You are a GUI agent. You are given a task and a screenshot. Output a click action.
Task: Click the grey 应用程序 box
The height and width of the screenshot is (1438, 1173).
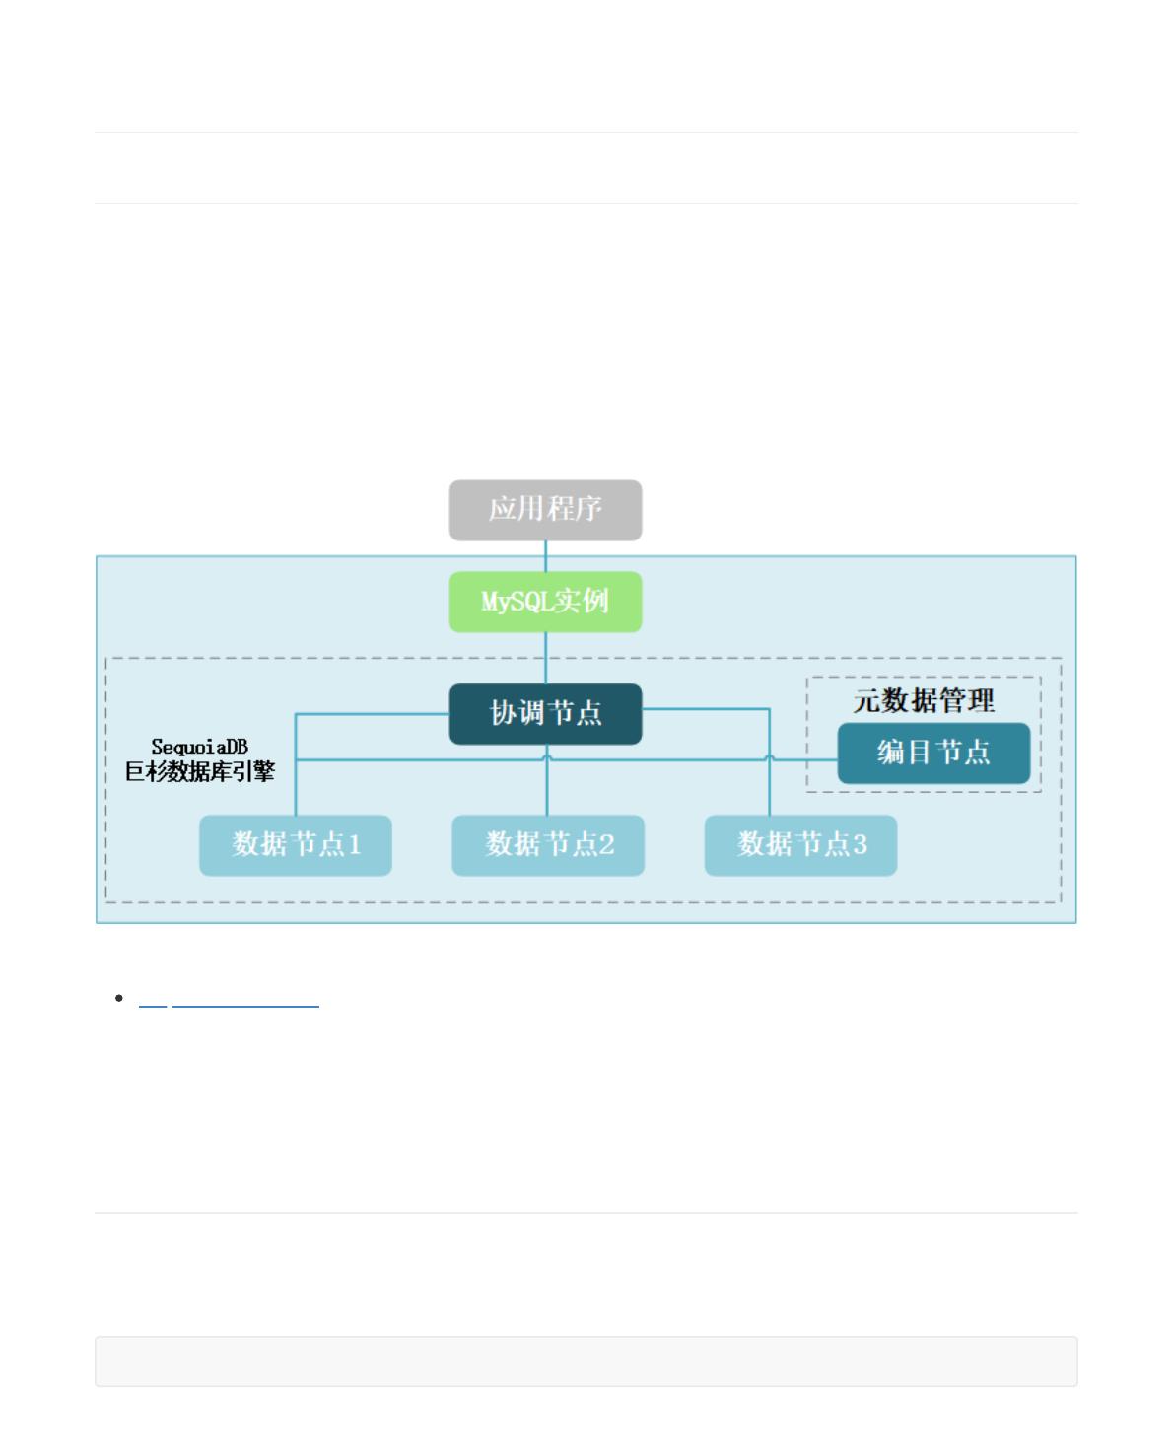pyautogui.click(x=545, y=510)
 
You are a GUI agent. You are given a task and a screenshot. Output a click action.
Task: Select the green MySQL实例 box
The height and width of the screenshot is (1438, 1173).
pyautogui.click(x=545, y=602)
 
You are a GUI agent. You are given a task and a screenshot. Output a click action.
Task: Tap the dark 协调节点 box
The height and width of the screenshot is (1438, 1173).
pyautogui.click(x=545, y=713)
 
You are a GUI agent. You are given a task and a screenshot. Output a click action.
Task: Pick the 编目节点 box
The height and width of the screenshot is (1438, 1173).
pyautogui.click(x=933, y=754)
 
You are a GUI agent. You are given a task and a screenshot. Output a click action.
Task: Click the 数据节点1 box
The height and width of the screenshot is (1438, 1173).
pyautogui.click(x=296, y=845)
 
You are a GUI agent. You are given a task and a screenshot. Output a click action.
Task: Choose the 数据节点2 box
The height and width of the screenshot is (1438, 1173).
pyautogui.click(x=548, y=845)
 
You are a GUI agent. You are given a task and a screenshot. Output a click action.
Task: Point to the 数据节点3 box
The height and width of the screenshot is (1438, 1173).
pyautogui.click(x=800, y=845)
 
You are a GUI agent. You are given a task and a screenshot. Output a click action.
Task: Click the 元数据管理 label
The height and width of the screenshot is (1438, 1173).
pyautogui.click(x=924, y=701)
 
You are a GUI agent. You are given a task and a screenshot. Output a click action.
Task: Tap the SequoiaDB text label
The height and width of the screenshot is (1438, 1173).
pyautogui.click(x=199, y=748)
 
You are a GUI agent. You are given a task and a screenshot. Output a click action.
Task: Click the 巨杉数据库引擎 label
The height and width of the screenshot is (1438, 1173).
pyautogui.click(x=199, y=772)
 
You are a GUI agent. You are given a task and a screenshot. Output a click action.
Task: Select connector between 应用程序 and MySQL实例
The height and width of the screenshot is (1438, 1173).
pyautogui.click(x=546, y=555)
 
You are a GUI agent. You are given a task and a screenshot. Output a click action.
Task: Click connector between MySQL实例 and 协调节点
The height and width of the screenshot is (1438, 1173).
pyautogui.click(x=546, y=658)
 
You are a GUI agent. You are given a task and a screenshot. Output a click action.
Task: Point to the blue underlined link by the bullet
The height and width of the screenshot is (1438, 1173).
pyautogui.click(x=229, y=1003)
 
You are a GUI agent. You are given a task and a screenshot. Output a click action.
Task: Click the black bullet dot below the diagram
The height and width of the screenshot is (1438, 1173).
pyautogui.click(x=119, y=999)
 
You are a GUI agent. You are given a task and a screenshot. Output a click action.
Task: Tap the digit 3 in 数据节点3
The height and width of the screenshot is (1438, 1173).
pyautogui.click(x=860, y=845)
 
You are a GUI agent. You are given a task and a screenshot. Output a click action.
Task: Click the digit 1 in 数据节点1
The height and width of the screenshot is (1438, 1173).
pyautogui.click(x=355, y=845)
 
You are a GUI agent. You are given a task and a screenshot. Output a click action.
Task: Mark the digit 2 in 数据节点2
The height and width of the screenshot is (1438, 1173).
pyautogui.click(x=607, y=845)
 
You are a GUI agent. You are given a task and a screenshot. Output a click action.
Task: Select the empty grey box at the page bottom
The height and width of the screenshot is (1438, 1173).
pyautogui.click(x=586, y=1361)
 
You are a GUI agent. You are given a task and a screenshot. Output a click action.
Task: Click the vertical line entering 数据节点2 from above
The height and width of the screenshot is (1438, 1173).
pyautogui.click(x=547, y=789)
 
